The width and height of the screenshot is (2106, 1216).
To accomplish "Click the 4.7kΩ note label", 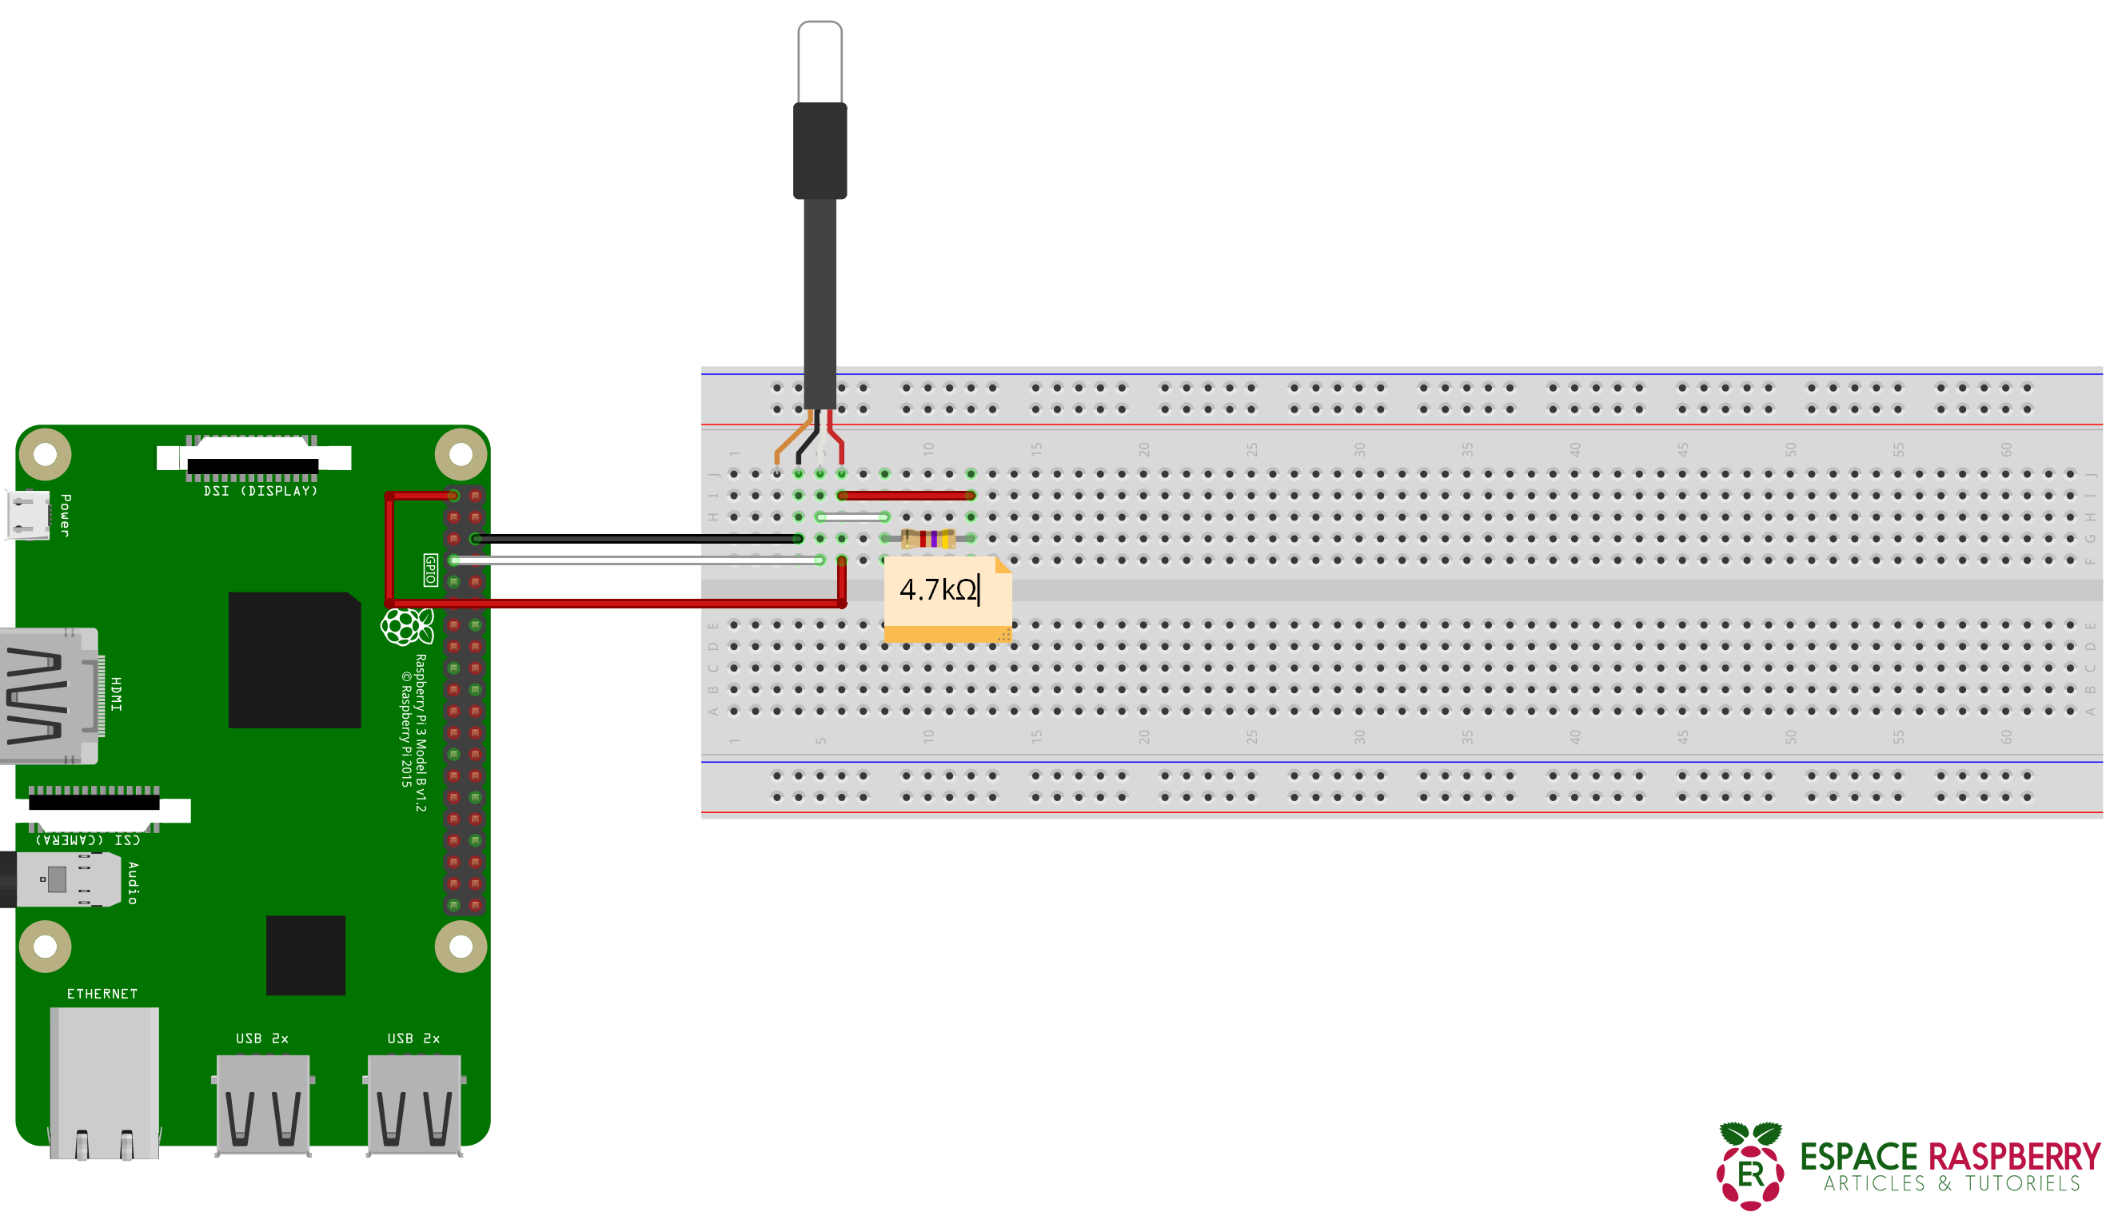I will point(939,591).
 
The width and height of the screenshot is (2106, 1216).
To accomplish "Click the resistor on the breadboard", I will point(927,539).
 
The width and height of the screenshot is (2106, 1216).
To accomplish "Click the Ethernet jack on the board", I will point(104,1082).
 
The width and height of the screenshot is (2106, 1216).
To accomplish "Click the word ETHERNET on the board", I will point(102,994).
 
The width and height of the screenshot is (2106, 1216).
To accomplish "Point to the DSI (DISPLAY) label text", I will point(261,491).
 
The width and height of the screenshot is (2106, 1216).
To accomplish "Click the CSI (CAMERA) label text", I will point(87,840).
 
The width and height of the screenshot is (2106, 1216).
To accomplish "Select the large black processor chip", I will point(294,660).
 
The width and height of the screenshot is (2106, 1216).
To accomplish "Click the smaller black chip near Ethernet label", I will point(305,955).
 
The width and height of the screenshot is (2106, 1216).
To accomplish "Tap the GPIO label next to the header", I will point(430,569).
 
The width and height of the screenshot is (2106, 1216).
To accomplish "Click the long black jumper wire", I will point(635,539).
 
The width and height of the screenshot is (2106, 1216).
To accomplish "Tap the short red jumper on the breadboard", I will point(906,495).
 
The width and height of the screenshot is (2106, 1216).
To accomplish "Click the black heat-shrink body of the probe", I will point(820,150).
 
